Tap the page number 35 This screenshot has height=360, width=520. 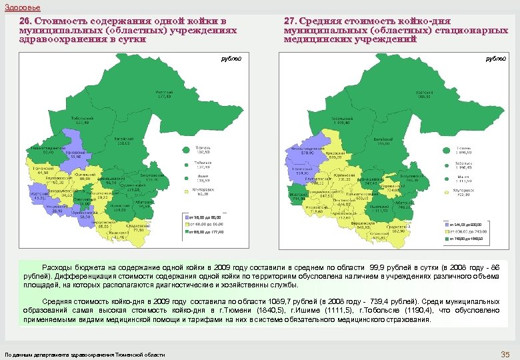click(x=504, y=353)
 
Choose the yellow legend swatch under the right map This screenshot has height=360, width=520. click(x=446, y=231)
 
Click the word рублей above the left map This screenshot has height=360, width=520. click(x=231, y=58)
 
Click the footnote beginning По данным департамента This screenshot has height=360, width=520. click(x=85, y=354)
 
